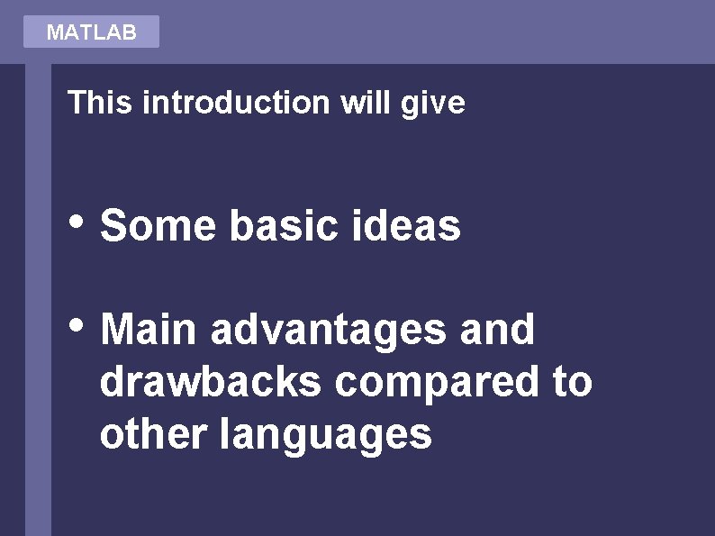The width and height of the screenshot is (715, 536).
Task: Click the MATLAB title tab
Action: (91, 32)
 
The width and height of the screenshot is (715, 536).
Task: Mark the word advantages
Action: (328, 331)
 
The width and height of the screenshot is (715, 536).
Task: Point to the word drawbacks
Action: (211, 382)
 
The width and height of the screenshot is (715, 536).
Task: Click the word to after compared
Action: (572, 382)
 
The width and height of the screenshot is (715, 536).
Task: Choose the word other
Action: (153, 434)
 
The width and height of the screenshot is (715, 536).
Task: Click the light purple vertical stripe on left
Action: (38, 297)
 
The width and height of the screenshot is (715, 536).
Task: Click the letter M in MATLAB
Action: (53, 32)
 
